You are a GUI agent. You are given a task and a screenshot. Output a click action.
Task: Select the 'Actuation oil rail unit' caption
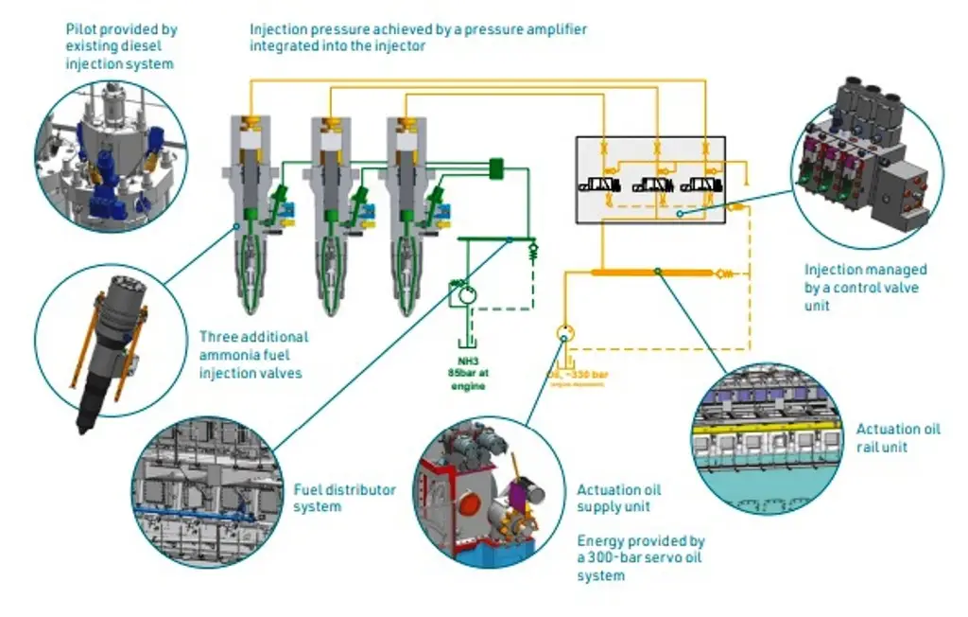pos(898,437)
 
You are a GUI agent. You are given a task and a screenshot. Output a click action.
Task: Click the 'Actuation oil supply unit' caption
pos(619,498)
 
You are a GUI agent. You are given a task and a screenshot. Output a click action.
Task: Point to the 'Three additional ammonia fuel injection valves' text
pos(253,354)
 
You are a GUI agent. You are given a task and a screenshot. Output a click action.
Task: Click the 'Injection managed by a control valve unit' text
pos(865,288)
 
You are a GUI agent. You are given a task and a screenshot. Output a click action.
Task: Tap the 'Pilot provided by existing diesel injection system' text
pos(121,46)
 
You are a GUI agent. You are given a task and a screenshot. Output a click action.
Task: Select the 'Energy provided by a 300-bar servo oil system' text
pos(641,557)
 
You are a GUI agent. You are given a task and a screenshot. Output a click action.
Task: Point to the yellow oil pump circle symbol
pos(564,333)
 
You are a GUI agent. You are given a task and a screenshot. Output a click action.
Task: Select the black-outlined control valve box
pos(650,179)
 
